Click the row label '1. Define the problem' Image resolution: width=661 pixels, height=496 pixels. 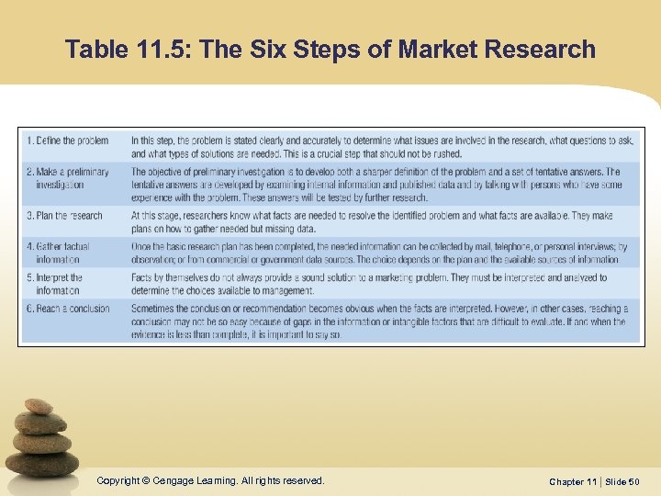click(67, 141)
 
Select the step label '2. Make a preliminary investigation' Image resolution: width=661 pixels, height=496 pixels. click(67, 178)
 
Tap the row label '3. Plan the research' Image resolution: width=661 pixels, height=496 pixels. click(64, 216)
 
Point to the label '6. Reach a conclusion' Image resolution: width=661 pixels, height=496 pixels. click(67, 309)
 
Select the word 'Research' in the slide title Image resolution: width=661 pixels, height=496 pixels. click(540, 49)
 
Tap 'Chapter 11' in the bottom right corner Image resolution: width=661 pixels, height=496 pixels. click(574, 481)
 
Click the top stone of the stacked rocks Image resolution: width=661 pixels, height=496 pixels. click(39, 406)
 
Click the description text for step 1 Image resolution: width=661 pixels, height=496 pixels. click(381, 147)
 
